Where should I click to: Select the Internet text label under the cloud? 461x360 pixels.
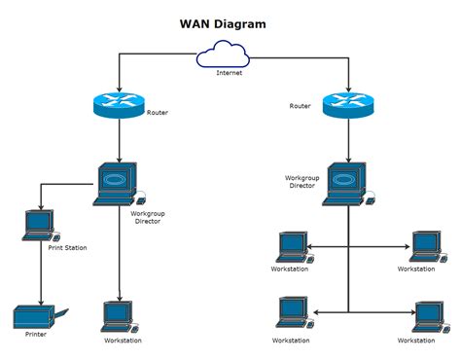click(230, 73)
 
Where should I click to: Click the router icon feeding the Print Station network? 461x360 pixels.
click(119, 105)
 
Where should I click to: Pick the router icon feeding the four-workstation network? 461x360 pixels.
click(347, 105)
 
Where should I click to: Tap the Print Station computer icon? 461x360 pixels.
click(40, 226)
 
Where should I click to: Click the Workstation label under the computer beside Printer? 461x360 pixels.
click(123, 341)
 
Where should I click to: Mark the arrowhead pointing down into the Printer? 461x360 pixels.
click(40, 301)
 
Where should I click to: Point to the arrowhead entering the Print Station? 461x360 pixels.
click(40, 208)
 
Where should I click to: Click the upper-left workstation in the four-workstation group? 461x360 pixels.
click(292, 246)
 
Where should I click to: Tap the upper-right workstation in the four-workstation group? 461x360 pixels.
click(425, 246)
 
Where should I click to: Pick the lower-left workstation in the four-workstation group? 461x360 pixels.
click(292, 312)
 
